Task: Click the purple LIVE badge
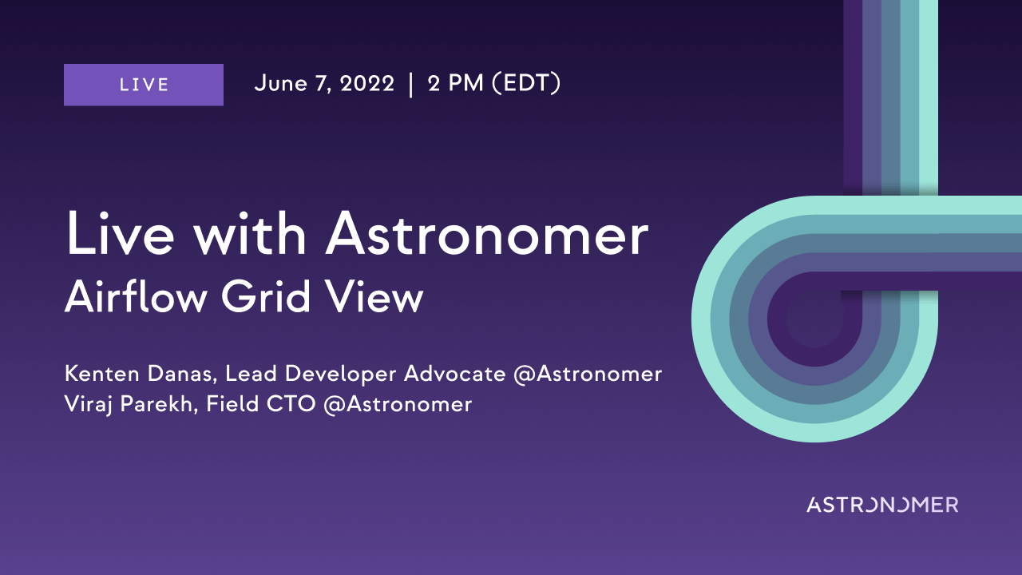[x=144, y=85]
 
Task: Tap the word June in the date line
[x=280, y=84]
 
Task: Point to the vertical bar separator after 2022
[x=411, y=85]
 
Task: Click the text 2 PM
[x=455, y=84]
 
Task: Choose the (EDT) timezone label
[x=526, y=84]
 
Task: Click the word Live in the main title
[x=121, y=234]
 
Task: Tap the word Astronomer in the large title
[x=487, y=234]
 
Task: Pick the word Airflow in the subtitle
[x=136, y=297]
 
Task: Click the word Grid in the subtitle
[x=266, y=297]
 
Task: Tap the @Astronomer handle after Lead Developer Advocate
[x=588, y=375]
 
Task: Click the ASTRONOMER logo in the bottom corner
[x=882, y=505]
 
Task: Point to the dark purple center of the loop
[x=815, y=319]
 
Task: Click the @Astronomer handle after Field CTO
[x=398, y=404]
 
